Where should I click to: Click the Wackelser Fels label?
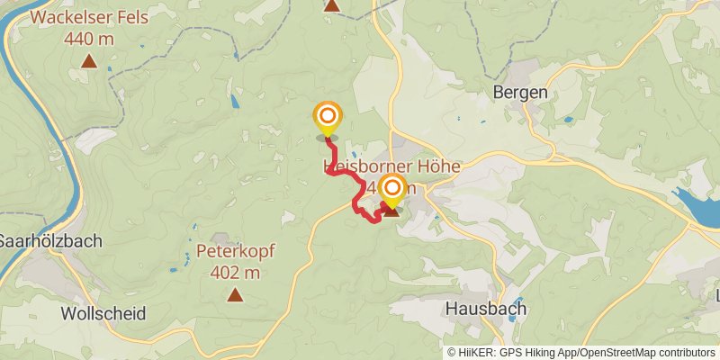click(x=88, y=17)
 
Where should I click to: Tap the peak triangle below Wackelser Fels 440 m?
click(x=88, y=61)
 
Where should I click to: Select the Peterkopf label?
click(x=235, y=251)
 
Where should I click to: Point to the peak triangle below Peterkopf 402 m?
click(x=235, y=294)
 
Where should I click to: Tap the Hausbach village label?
click(x=486, y=309)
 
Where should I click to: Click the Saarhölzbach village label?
click(x=50, y=241)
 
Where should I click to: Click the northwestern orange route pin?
click(x=328, y=117)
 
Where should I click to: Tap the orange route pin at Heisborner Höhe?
click(x=392, y=188)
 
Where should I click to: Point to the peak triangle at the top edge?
click(x=331, y=5)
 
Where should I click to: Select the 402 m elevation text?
click(x=235, y=272)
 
